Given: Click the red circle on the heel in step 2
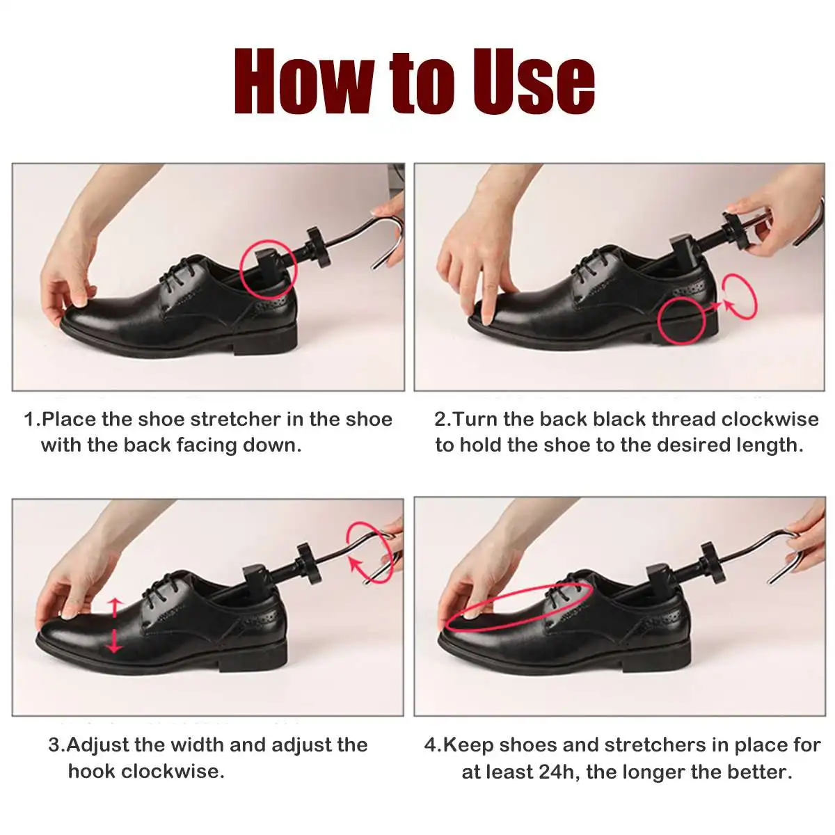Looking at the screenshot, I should click(682, 319).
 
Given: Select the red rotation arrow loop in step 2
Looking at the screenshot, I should click(740, 296).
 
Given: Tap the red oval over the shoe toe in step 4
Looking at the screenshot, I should click(518, 607).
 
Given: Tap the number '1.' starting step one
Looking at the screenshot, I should click(32, 420).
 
